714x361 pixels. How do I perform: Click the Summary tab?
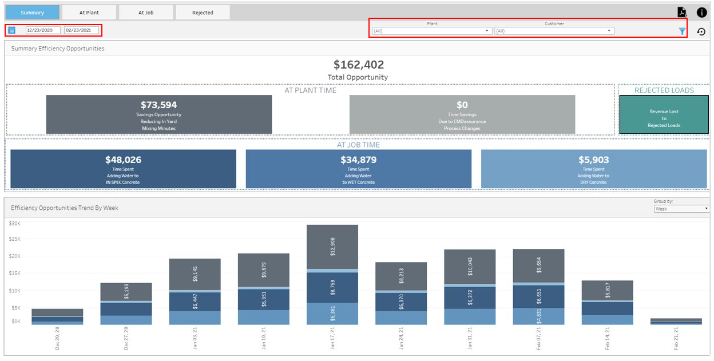point(32,13)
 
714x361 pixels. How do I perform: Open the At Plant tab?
point(89,13)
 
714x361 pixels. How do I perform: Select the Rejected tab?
point(203,13)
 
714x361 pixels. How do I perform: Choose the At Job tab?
point(146,13)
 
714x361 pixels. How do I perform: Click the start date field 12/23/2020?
point(43,30)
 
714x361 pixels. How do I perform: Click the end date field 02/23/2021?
point(81,30)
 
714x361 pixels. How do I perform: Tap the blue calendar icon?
point(12,30)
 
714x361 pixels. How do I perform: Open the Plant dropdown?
point(431,31)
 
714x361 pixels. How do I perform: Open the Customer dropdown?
point(554,31)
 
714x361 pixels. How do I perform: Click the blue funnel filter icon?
point(682,31)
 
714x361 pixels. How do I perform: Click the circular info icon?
point(701,13)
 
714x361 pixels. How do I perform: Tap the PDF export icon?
point(681,12)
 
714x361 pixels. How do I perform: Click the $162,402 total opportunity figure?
point(359,65)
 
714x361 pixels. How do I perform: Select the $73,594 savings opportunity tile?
point(159,114)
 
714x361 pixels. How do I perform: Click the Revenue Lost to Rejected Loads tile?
point(664,114)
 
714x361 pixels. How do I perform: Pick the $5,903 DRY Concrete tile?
point(594,169)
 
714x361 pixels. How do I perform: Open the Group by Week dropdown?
point(681,209)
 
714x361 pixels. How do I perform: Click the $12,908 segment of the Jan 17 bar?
point(332,247)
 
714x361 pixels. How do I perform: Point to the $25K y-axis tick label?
point(15,239)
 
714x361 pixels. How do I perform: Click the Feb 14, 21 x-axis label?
point(607,338)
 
